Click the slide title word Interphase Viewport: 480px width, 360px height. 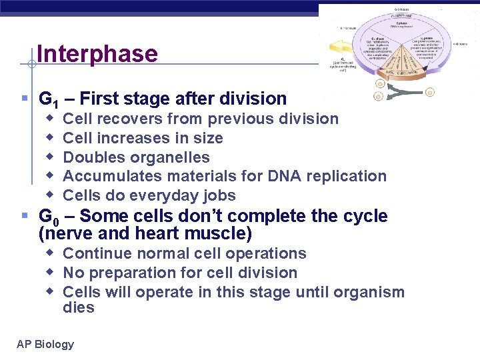pyautogui.click(x=97, y=54)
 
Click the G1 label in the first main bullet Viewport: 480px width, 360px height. pyautogui.click(x=47, y=100)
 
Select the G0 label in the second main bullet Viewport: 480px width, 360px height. pyautogui.click(x=47, y=217)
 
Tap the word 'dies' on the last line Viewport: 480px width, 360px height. pyautogui.click(x=79, y=307)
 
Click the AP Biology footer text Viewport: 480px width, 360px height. pyautogui.click(x=45, y=344)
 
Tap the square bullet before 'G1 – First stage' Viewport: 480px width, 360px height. pyautogui.click(x=25, y=99)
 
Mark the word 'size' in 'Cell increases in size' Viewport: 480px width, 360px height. pyautogui.click(x=209, y=138)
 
